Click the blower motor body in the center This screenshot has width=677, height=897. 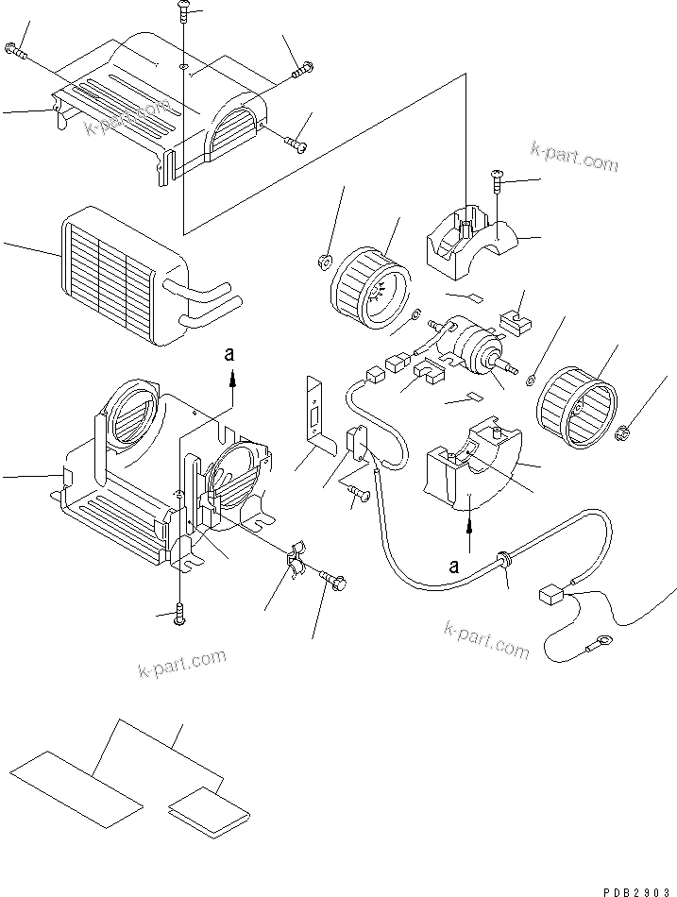[x=468, y=344]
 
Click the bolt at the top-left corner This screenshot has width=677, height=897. [x=13, y=50]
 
